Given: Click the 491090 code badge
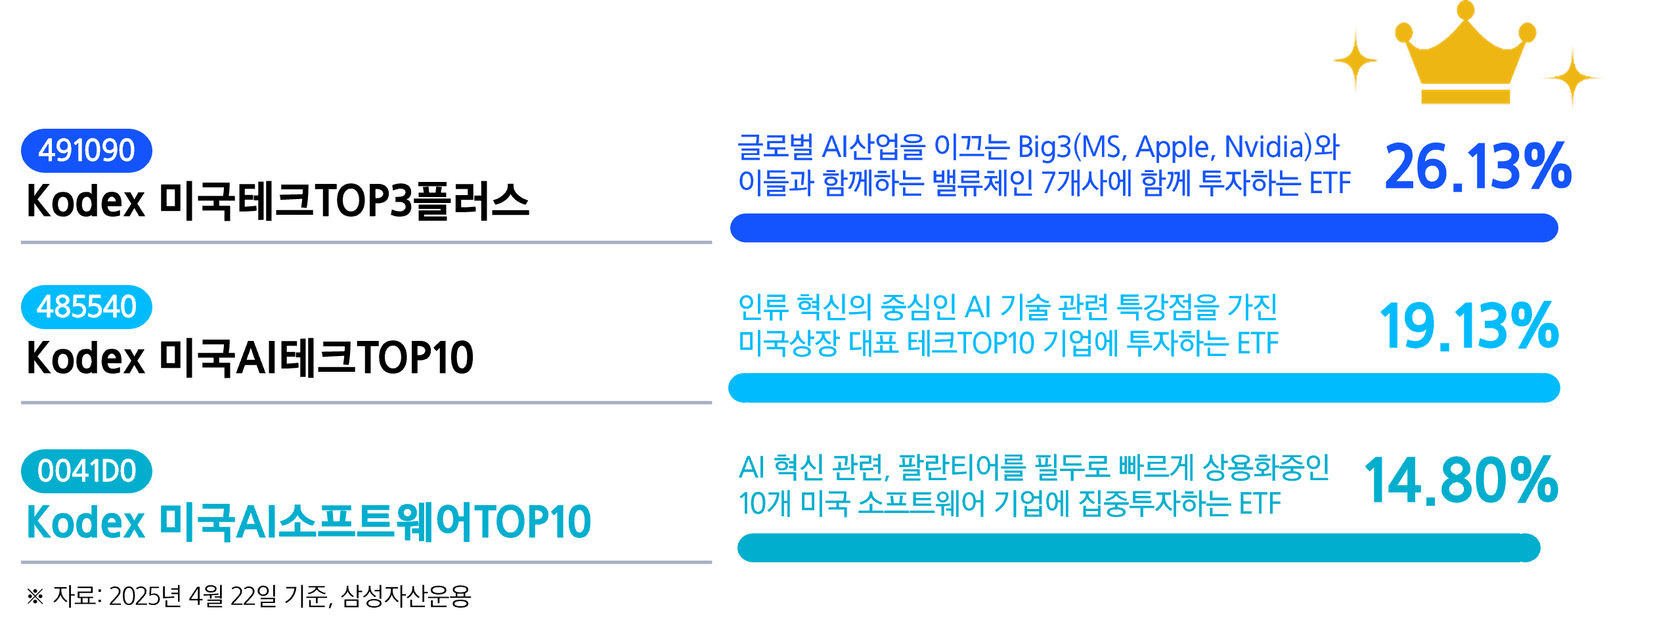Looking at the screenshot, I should [86, 150].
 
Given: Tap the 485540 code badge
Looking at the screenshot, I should [86, 307].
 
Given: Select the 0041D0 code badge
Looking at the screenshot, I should [86, 471].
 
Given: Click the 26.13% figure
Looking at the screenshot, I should [1478, 168].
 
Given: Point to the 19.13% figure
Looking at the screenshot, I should [1469, 326].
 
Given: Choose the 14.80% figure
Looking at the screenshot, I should [1461, 481].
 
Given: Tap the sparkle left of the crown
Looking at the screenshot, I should [1355, 60].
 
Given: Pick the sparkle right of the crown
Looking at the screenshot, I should [1572, 78].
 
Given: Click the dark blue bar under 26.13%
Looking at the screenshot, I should [1143, 228].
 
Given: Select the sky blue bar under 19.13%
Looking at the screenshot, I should [1143, 388].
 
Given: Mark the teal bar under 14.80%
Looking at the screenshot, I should [1138, 548].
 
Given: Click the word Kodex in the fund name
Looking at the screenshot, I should [85, 523].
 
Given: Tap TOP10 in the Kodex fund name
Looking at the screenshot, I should [532, 523].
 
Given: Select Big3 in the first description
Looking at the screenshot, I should [1044, 148].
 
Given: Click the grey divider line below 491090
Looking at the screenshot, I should [366, 242].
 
